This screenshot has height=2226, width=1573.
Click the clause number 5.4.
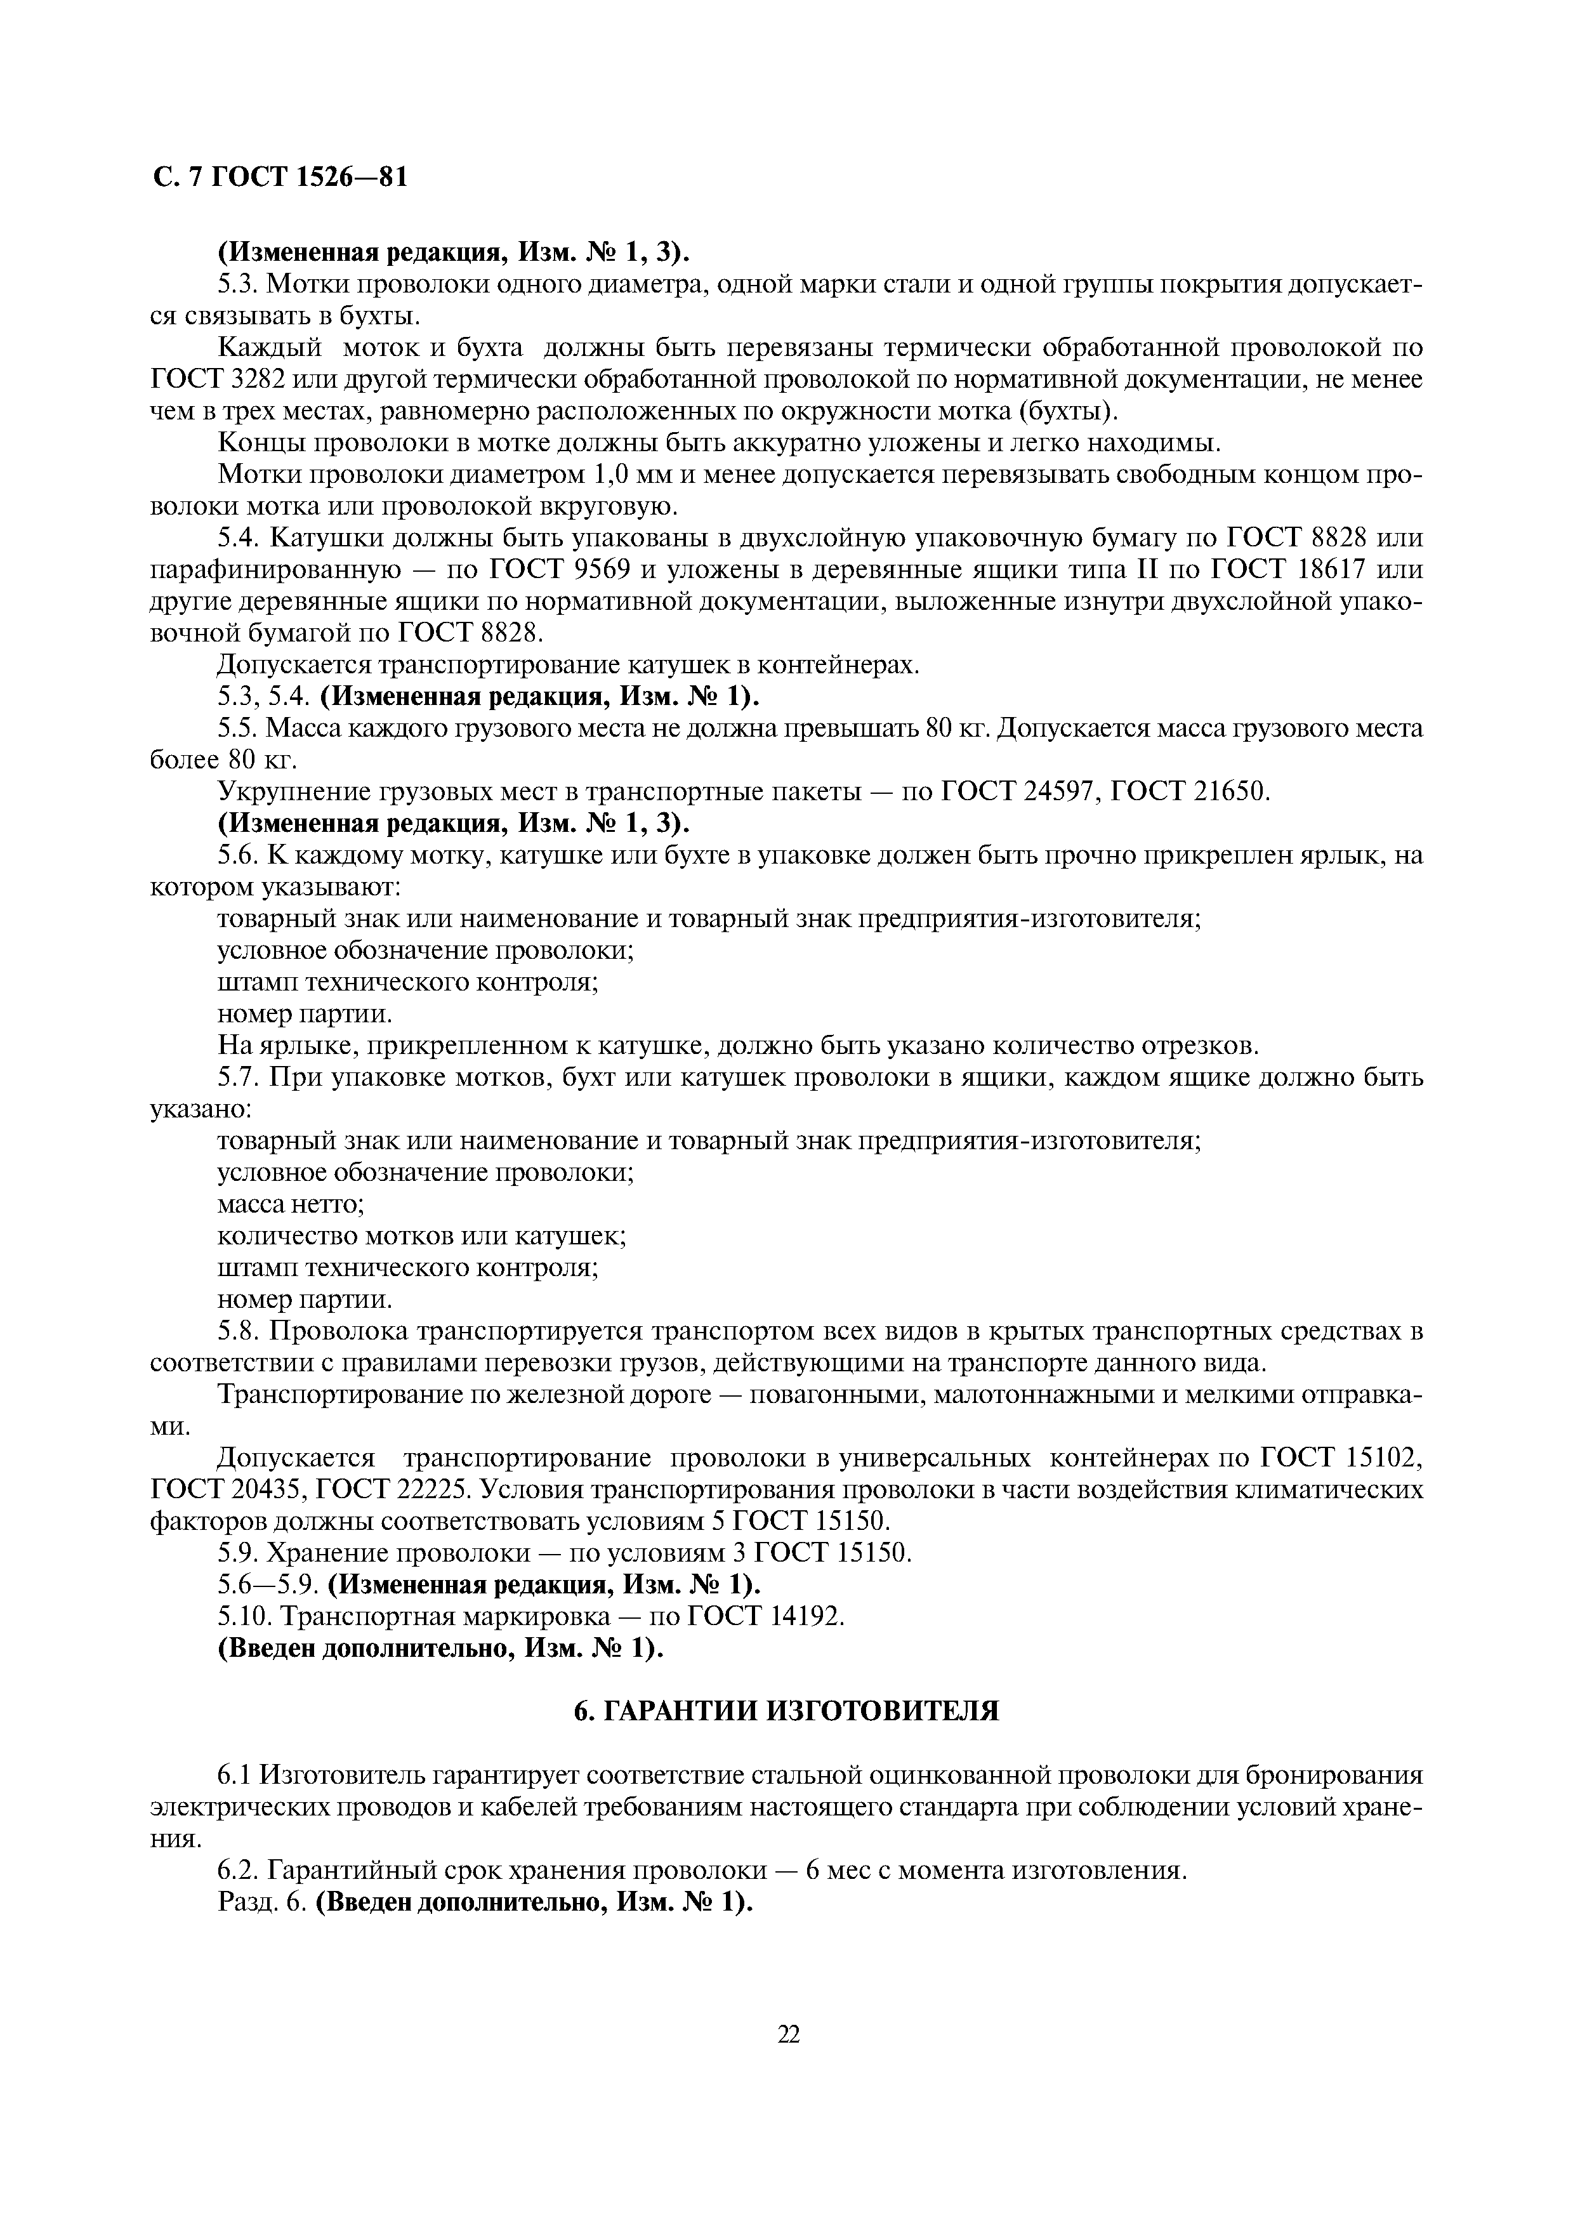[239, 538]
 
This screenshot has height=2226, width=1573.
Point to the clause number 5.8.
[239, 1332]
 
